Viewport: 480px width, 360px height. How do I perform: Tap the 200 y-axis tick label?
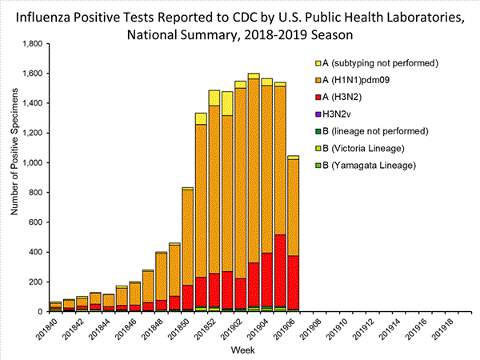point(34,282)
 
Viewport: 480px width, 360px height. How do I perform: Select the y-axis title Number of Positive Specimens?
point(14,178)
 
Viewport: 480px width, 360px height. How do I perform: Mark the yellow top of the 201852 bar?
point(214,98)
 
